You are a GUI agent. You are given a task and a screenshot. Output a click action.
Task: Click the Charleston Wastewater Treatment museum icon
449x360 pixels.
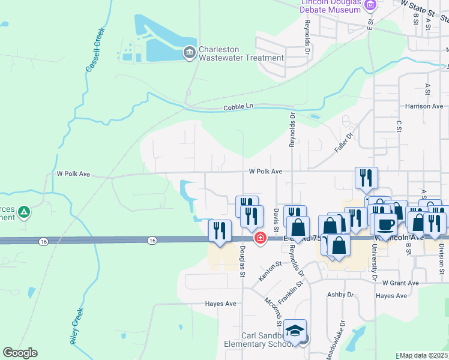coord(190,53)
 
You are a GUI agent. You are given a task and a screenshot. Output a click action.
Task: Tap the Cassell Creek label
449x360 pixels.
coord(95,50)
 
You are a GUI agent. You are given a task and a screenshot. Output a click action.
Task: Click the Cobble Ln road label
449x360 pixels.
coord(238,107)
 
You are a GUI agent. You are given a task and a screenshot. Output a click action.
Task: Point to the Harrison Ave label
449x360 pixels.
coord(424,106)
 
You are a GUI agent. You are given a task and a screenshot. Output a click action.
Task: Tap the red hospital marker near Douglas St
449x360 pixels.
coord(261,238)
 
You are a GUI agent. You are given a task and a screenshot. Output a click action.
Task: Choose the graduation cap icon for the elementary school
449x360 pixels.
coord(295,331)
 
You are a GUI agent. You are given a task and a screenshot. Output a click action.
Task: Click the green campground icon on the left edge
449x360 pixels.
coord(24,212)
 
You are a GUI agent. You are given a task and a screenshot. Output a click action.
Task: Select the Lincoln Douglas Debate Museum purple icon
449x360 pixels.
coord(370,6)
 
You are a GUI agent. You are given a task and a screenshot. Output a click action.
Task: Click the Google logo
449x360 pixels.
coord(20,353)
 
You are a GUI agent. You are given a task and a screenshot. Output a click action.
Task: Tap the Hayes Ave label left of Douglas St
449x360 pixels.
coord(221,304)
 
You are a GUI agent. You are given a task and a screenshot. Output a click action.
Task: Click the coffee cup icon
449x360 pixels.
coord(385,224)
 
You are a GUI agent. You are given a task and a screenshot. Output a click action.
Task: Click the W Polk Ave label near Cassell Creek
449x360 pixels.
coord(73,174)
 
